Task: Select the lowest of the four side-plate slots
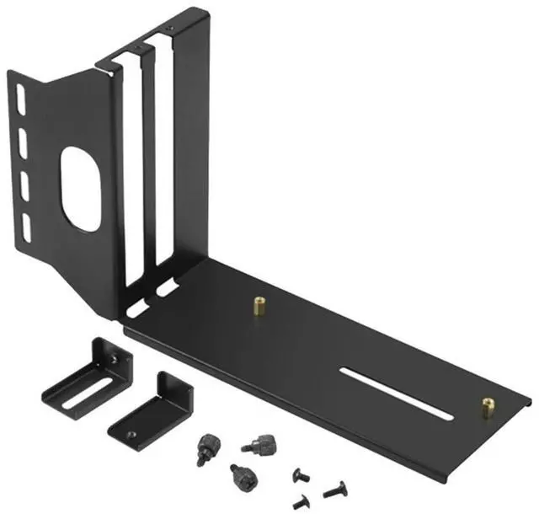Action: coord(27,225)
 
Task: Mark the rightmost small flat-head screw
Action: coord(336,488)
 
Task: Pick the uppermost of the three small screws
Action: coord(301,475)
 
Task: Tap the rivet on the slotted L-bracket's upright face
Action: coord(113,359)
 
